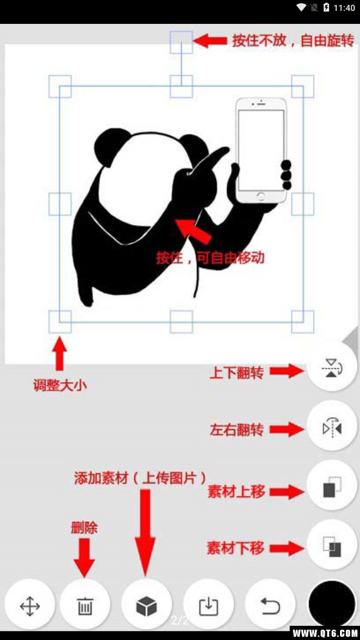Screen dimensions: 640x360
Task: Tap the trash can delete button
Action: coord(85,606)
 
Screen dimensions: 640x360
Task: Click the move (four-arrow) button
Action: coord(30,606)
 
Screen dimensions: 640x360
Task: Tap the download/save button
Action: coord(208,606)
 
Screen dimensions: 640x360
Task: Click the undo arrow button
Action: coord(270,606)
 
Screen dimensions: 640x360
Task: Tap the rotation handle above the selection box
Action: coord(181,42)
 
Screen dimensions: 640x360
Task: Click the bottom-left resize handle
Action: coord(60,321)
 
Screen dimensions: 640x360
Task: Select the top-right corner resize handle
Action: coord(302,86)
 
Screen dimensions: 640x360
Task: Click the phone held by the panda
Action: coord(261,150)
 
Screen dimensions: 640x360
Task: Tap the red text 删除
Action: coord(84,527)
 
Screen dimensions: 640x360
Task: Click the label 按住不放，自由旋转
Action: coord(293,41)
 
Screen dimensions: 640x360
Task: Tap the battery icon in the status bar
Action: coord(326,8)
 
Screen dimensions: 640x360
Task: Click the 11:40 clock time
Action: coord(345,8)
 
